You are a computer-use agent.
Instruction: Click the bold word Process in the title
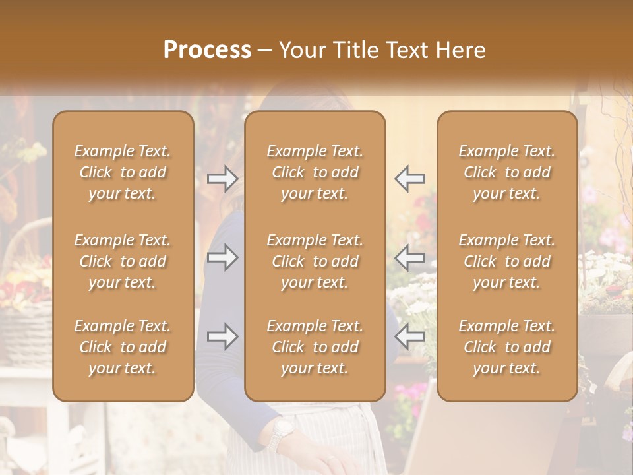click(x=207, y=50)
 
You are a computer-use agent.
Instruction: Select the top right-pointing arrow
click(x=223, y=179)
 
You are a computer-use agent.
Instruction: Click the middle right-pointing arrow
click(x=223, y=257)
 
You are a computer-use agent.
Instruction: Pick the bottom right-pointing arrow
click(x=223, y=336)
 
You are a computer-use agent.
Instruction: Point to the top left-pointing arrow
click(x=409, y=179)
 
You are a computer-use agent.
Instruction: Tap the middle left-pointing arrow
click(x=409, y=257)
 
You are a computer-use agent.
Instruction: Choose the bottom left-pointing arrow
click(x=409, y=336)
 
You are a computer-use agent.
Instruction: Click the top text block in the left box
click(x=123, y=172)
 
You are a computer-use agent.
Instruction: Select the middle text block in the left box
click(x=123, y=261)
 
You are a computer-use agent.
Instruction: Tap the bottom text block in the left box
click(x=123, y=347)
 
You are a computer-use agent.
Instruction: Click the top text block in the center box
click(x=315, y=172)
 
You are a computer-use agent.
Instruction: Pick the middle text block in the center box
click(x=315, y=261)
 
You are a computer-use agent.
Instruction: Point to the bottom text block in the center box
click(x=315, y=347)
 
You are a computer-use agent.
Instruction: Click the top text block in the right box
click(x=507, y=172)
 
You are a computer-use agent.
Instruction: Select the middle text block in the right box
click(x=507, y=261)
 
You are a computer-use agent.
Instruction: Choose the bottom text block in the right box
click(x=507, y=347)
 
